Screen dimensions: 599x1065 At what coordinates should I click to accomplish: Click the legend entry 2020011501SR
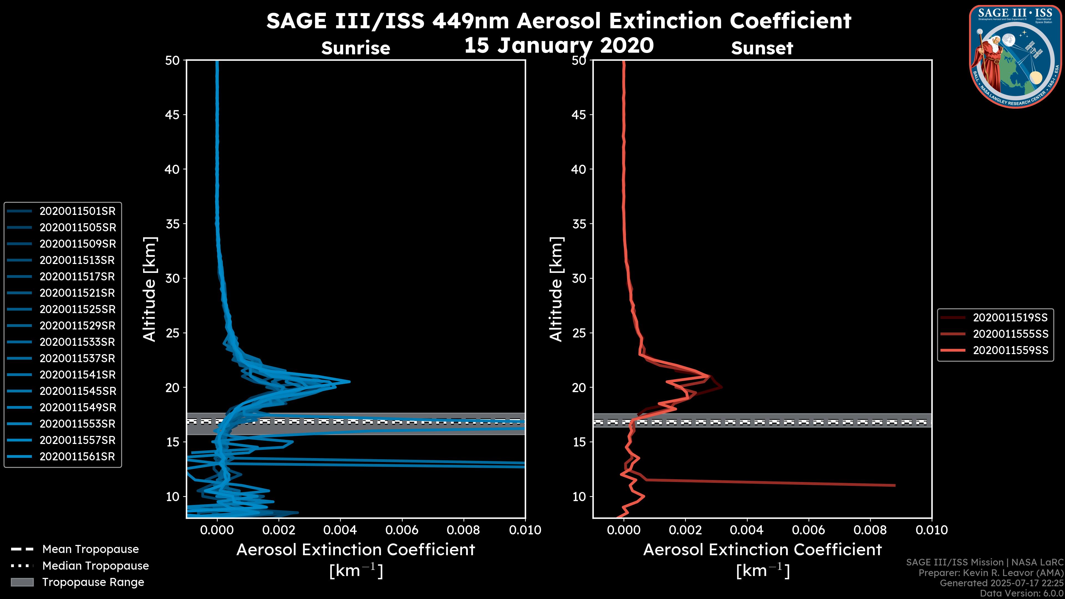[x=77, y=211]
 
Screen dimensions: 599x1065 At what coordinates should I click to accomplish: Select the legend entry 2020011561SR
[x=77, y=457]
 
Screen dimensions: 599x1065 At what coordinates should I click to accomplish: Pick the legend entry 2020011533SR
[x=77, y=342]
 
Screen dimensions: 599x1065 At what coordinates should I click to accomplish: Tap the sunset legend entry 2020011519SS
[x=1010, y=318]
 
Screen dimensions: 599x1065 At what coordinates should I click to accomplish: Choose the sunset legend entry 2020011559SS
[x=1010, y=351]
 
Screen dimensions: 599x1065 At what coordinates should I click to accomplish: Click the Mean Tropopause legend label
[x=90, y=549]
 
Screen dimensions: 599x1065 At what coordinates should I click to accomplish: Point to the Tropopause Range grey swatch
[x=22, y=582]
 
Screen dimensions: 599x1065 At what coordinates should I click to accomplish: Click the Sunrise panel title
[x=356, y=48]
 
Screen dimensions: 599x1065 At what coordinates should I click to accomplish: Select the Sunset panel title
[x=762, y=48]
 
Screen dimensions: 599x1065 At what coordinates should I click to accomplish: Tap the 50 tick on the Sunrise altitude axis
[x=173, y=61]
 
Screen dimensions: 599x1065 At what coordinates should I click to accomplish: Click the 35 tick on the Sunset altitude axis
[x=579, y=224]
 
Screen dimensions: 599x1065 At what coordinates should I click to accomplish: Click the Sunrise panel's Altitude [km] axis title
[x=150, y=289]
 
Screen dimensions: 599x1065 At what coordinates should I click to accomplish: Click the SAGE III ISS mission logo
[x=1016, y=56]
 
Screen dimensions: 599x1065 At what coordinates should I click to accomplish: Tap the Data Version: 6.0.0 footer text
[x=1022, y=594]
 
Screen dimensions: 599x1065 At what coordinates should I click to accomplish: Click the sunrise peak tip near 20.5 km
[x=350, y=382]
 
